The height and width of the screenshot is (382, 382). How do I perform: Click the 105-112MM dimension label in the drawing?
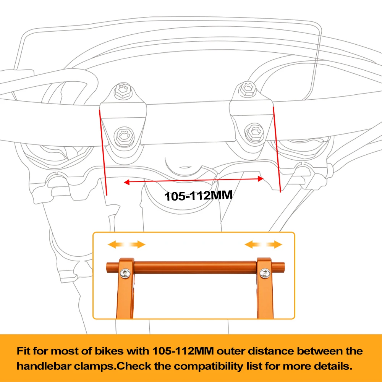click(198, 196)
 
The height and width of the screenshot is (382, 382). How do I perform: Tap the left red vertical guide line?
click(103, 153)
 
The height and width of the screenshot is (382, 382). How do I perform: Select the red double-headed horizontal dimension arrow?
click(194, 180)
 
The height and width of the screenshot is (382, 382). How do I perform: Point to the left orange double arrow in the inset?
click(126, 244)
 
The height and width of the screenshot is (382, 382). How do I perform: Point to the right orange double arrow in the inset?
click(263, 244)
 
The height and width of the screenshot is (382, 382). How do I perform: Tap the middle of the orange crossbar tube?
click(195, 267)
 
